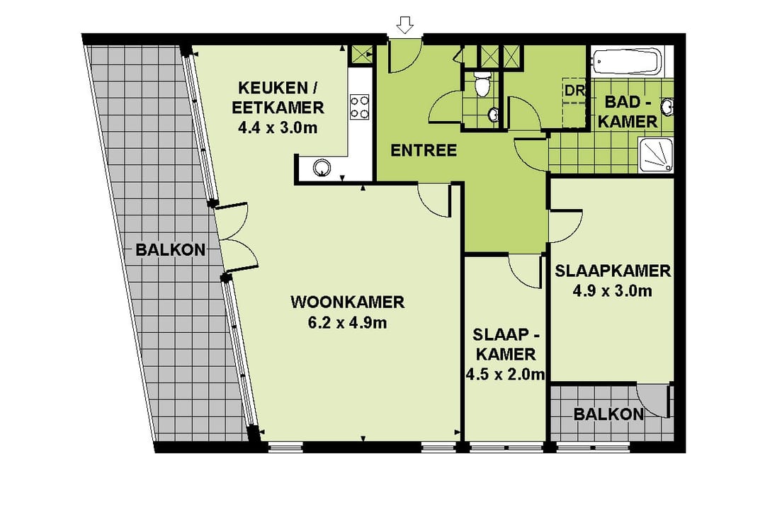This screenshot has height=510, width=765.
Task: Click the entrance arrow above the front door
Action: tap(405, 24)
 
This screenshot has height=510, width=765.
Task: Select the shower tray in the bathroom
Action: tap(656, 154)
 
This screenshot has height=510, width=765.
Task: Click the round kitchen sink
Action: tap(322, 167)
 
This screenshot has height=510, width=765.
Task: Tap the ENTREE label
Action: tap(424, 150)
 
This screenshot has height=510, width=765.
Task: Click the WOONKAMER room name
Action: tap(347, 302)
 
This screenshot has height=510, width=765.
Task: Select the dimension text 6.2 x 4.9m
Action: tap(347, 322)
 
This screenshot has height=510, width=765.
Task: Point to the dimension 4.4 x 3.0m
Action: tap(278, 128)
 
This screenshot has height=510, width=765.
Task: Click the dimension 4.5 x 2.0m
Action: tap(506, 374)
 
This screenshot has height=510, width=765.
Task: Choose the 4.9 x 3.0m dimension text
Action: tap(612, 291)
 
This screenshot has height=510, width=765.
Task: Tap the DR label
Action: tap(574, 90)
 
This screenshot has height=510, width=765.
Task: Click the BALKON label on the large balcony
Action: tap(170, 250)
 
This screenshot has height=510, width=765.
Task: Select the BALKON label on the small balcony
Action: tap(608, 414)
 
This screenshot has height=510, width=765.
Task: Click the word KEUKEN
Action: tap(272, 88)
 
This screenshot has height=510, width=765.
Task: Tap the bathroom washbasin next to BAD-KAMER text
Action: tap(667, 106)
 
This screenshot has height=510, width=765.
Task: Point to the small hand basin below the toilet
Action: tap(493, 115)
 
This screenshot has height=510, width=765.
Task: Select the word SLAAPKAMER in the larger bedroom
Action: tap(612, 271)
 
